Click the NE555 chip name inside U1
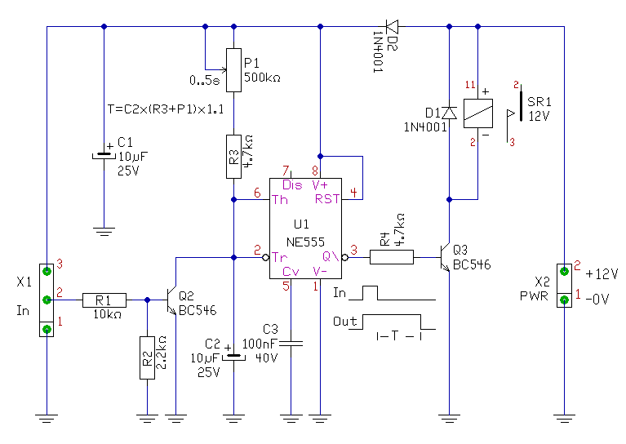coord(305,242)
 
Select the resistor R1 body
coord(104,300)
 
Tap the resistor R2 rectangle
coord(147,357)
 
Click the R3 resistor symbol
coord(233,157)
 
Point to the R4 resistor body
coord(392,257)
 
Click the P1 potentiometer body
coord(233,70)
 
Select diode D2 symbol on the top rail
coord(392,27)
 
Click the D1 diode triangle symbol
coord(450,113)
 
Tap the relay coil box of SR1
coord(478,113)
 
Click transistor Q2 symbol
coord(171,300)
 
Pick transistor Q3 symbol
coord(445,257)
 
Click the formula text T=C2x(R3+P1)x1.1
coord(166,109)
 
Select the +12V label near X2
coord(602,274)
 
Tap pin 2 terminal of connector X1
coord(47,300)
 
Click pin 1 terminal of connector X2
coord(564,300)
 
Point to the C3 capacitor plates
coord(291,343)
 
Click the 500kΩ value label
coord(262,77)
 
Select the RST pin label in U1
coord(327,199)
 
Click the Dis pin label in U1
coord(292,185)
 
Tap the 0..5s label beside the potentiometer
coord(204,81)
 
